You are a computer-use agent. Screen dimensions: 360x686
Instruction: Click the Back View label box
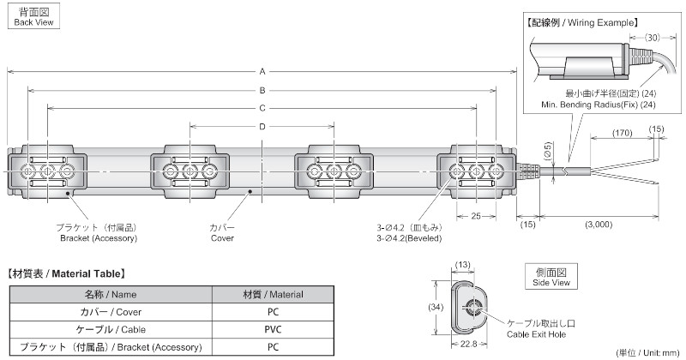[x=33, y=16]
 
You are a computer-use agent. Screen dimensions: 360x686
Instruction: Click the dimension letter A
[x=262, y=71]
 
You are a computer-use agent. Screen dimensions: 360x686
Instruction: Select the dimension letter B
[x=262, y=90]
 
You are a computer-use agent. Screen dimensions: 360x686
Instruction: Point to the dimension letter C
[x=262, y=109]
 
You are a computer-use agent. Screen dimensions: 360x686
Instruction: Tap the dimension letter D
[x=262, y=127]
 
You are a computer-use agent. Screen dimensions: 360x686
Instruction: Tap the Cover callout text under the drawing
[x=222, y=232]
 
